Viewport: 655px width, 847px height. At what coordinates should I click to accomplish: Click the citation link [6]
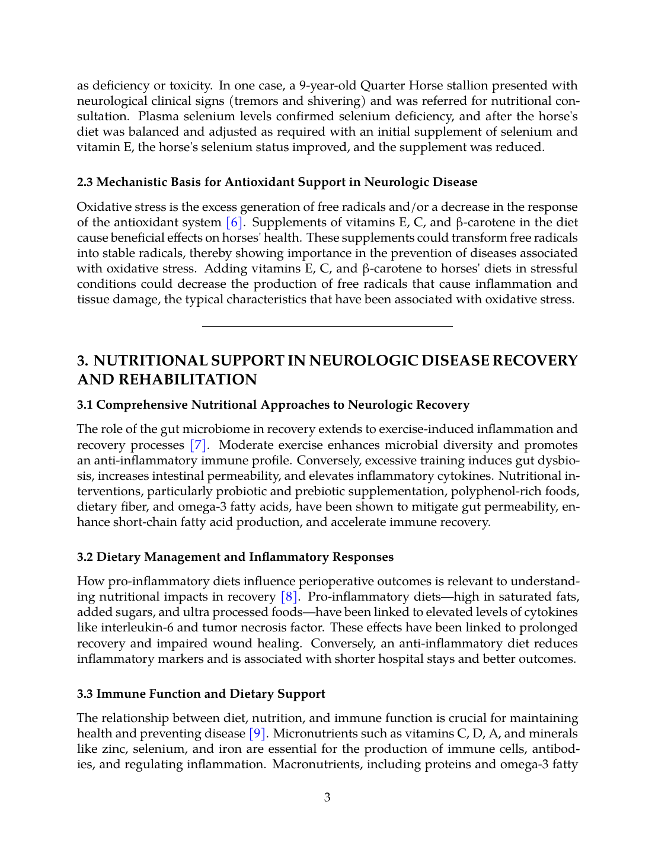235,223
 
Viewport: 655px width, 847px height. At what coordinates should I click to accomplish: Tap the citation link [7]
198,445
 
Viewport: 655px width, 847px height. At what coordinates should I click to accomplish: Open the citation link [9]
257,734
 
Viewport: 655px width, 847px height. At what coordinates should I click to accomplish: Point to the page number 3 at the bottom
327,798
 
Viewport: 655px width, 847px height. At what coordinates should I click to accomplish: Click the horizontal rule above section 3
327,326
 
